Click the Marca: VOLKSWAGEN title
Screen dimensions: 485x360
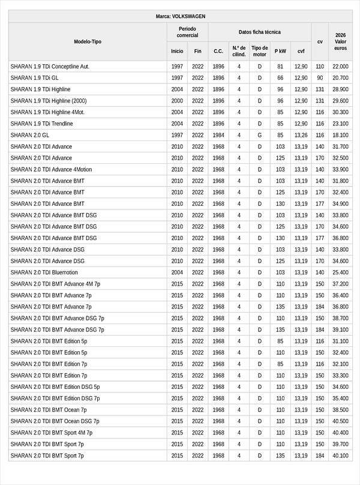coord(180,16)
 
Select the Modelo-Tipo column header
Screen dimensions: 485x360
coord(88,41)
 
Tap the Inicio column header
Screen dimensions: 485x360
coord(177,51)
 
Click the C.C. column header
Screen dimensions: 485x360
coord(218,51)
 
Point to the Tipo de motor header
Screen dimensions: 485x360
coord(260,51)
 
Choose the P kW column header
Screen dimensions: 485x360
coord(280,51)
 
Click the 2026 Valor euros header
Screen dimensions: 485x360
coord(341,41)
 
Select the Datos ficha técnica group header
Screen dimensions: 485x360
coord(259,32)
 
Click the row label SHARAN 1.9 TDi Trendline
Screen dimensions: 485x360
coord(42,124)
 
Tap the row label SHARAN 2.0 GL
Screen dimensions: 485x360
coord(30,135)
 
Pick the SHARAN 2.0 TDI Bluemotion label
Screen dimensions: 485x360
coord(44,273)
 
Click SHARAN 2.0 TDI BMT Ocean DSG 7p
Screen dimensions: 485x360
coord(55,421)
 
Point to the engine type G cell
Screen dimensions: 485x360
coord(260,135)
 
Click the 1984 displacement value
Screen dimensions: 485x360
coord(218,135)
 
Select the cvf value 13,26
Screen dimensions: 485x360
coord(301,135)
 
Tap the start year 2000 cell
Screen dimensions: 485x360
coord(177,101)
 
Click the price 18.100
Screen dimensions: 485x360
coord(340,135)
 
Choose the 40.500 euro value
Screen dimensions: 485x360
coord(340,421)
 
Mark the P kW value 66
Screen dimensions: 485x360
coord(280,78)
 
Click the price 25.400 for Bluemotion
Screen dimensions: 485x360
coord(340,273)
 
